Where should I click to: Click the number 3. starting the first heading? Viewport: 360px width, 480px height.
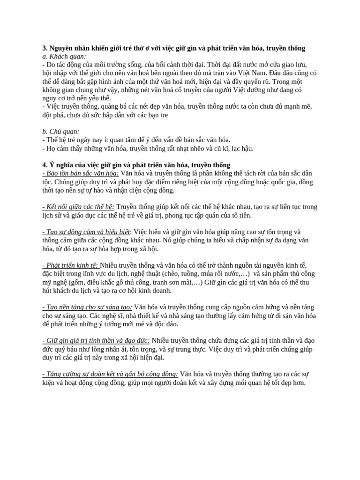45,48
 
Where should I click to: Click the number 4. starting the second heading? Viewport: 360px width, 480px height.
45,165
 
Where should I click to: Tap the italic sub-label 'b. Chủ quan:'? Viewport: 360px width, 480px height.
61,132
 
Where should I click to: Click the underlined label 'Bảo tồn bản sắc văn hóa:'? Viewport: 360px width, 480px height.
80,173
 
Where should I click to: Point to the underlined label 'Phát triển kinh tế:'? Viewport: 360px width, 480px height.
70,265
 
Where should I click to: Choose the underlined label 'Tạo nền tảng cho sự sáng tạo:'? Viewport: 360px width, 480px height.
83,307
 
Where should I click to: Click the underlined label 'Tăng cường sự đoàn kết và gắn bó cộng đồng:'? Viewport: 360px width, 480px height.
110,374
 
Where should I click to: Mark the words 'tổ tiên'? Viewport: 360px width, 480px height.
240,215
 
